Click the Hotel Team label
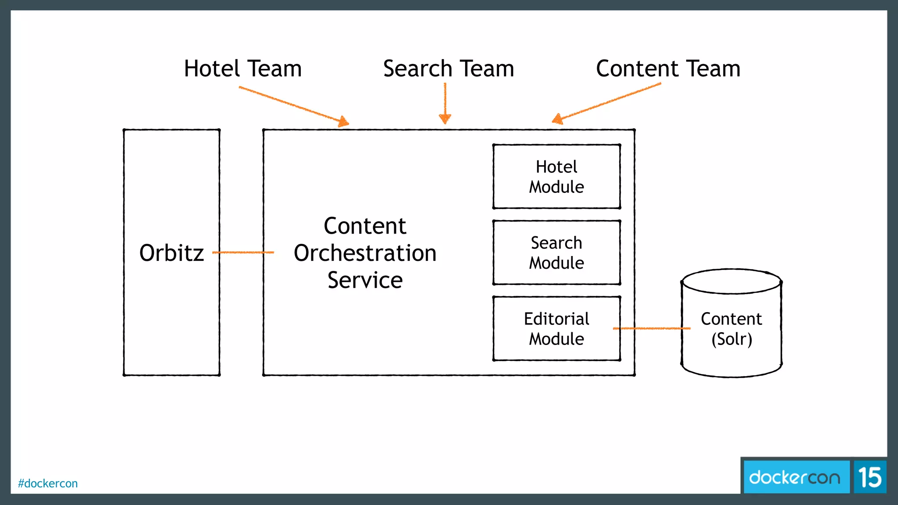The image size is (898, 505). pos(242,69)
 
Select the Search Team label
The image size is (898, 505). pos(448,69)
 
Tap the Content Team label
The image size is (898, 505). pos(668,69)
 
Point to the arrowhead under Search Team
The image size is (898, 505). pos(445,118)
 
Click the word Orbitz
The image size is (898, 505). pos(171,253)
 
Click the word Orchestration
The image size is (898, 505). pos(365,253)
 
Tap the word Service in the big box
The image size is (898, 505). pos(365,280)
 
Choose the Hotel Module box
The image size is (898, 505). pos(556,177)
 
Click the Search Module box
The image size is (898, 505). pos(556,252)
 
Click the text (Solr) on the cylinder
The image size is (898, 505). pos(731,339)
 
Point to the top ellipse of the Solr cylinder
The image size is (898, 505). pos(731,281)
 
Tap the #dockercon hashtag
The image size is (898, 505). pos(48,483)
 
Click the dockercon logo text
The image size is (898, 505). pos(795,477)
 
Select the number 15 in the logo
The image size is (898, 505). pos(869,477)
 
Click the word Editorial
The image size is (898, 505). pos(556,319)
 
